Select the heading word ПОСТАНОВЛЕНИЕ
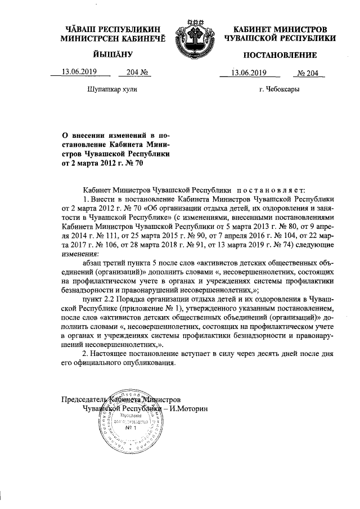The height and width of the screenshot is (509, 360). pyautogui.click(x=280, y=55)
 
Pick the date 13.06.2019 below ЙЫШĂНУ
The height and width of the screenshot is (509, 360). pyautogui.click(x=79, y=72)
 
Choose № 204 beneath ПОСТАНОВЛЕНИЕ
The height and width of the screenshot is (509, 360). pyautogui.click(x=307, y=72)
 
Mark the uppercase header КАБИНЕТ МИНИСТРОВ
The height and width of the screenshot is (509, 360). pyautogui.click(x=280, y=29)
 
